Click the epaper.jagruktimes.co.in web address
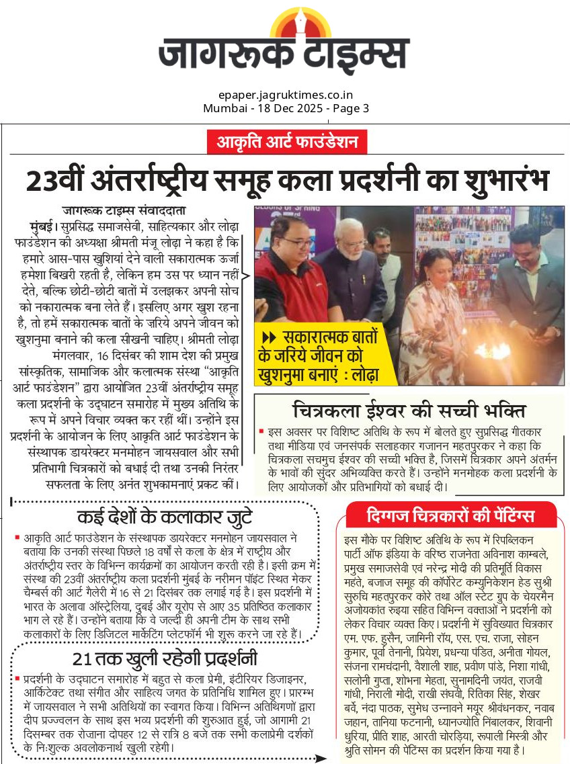[286, 95]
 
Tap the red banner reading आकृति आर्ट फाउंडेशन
[286, 142]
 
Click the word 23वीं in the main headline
[63, 179]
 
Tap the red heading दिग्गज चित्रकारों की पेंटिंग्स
[450, 515]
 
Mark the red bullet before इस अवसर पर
[261, 431]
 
